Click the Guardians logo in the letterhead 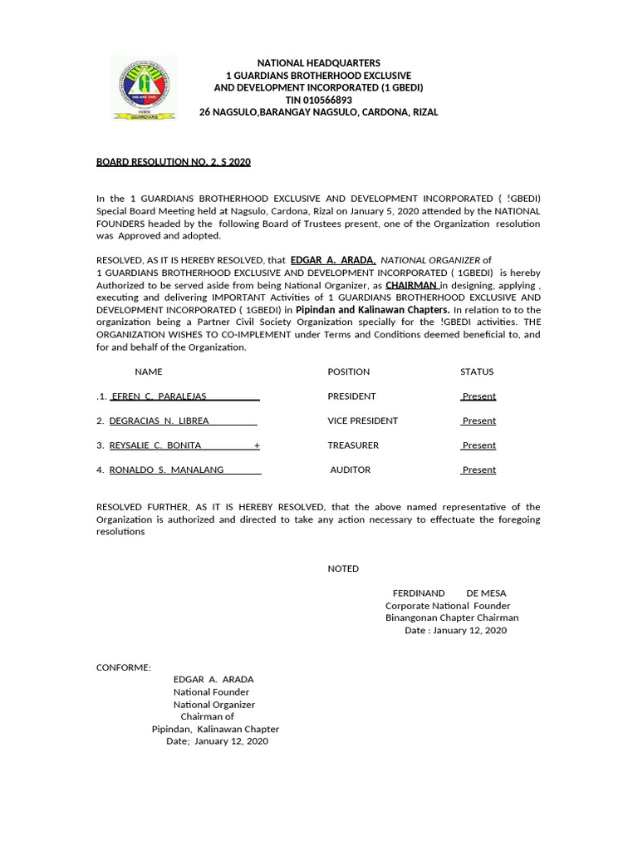(x=144, y=88)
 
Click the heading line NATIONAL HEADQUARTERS (x=318, y=63)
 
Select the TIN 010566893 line (x=318, y=100)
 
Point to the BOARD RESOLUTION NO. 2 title (x=174, y=162)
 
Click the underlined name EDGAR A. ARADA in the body (x=333, y=260)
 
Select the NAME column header (x=149, y=371)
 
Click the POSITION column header (x=349, y=371)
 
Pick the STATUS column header (x=477, y=371)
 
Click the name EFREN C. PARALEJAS (x=158, y=396)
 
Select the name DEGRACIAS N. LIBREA (x=159, y=421)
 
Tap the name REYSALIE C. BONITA (x=155, y=445)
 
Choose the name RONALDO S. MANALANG (x=166, y=470)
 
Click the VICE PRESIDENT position (x=362, y=421)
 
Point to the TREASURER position (x=353, y=445)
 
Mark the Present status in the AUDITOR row (x=478, y=470)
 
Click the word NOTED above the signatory (x=343, y=568)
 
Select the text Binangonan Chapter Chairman (x=452, y=617)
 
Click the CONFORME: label (x=124, y=667)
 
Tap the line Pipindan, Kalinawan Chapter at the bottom (x=215, y=729)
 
